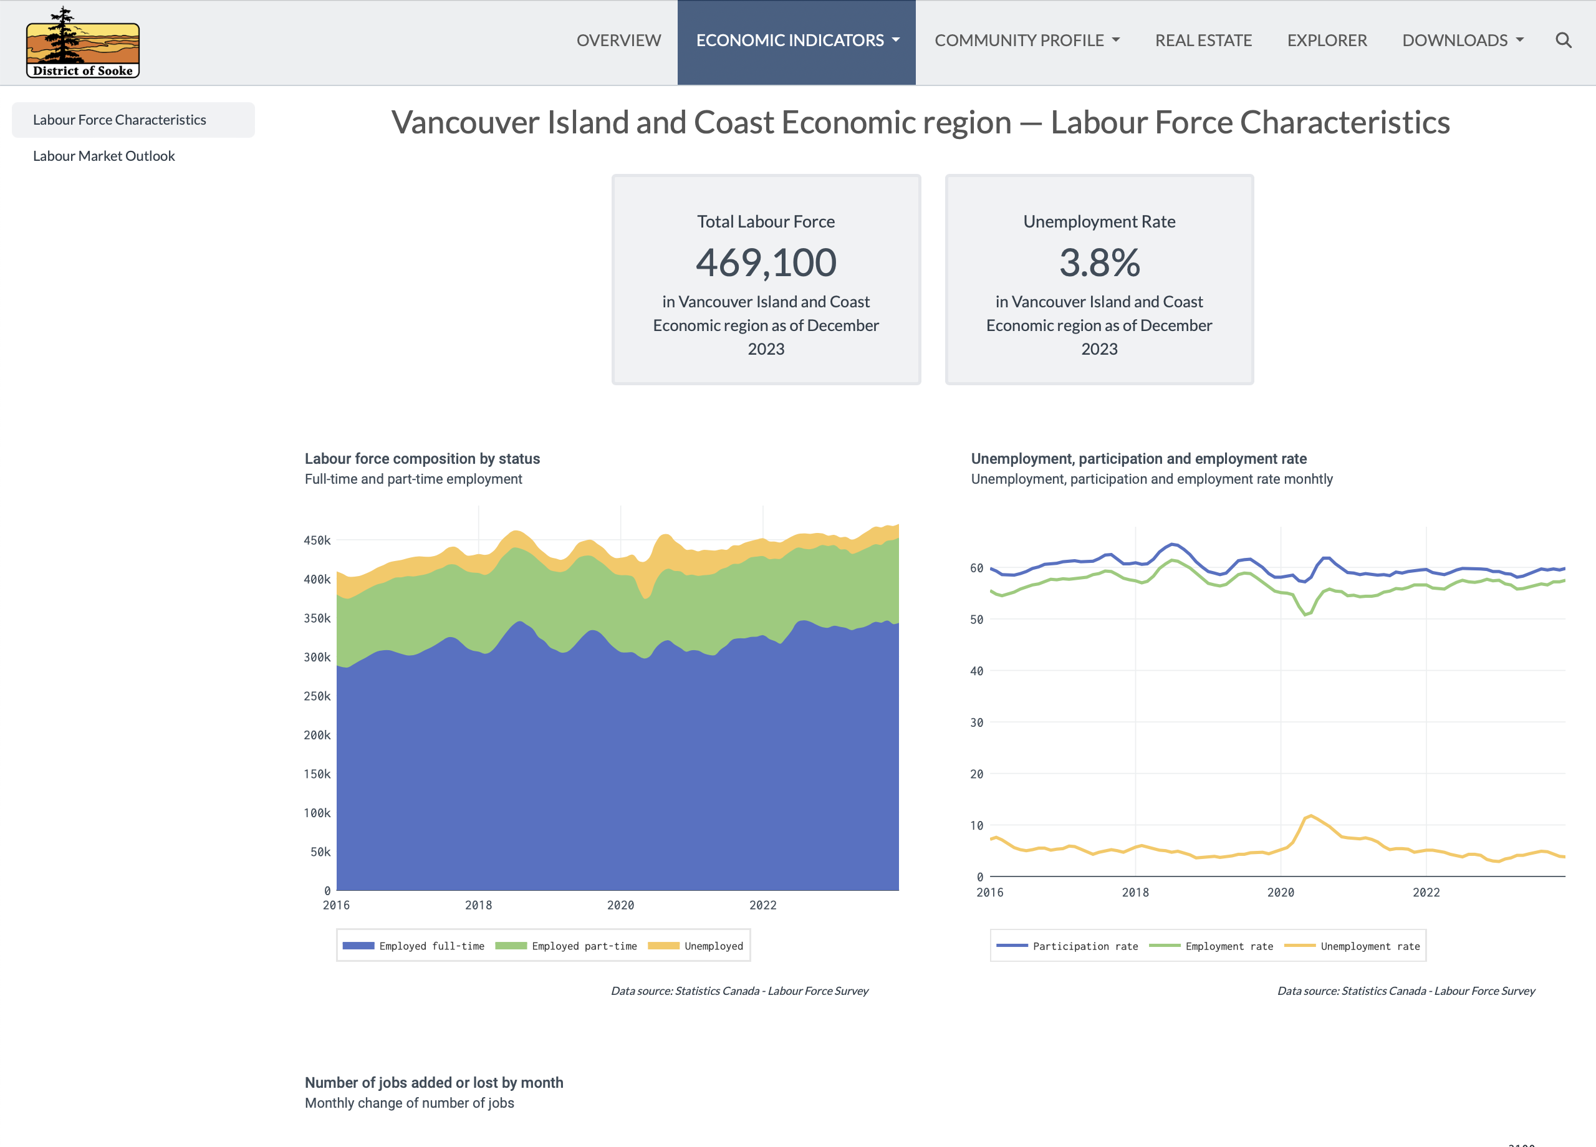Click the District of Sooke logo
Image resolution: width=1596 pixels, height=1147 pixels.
tap(82, 43)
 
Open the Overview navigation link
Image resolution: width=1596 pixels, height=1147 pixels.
tap(618, 41)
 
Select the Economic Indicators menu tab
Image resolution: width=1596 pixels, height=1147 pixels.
tap(797, 41)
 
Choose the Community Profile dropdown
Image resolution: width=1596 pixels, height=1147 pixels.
tap(1027, 41)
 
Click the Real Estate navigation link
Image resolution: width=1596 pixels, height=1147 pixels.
tap(1203, 41)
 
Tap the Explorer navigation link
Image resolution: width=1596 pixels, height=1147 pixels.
tap(1327, 41)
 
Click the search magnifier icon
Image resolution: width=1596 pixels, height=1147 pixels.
tap(1563, 41)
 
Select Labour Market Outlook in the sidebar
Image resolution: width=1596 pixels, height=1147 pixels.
tap(104, 156)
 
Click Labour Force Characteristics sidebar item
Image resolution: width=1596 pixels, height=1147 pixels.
tap(120, 120)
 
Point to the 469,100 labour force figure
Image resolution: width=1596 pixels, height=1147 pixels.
tap(766, 262)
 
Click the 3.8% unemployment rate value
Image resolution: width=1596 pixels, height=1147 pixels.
tap(1099, 262)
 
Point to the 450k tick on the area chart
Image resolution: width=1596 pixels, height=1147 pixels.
tap(317, 540)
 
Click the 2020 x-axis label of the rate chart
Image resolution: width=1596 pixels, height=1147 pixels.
tap(1280, 892)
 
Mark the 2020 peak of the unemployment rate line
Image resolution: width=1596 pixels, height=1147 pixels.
tap(1310, 815)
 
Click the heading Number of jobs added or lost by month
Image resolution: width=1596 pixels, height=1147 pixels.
tap(433, 1082)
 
